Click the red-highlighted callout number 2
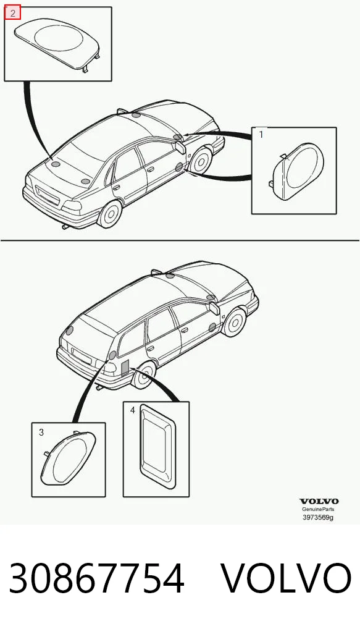click(x=13, y=13)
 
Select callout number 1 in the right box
click(x=261, y=135)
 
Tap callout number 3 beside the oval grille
click(x=41, y=433)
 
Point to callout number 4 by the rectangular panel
click(x=133, y=410)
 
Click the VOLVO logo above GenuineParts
click(x=319, y=501)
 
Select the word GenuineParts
click(x=318, y=509)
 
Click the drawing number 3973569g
click(x=318, y=517)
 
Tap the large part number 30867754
click(x=96, y=578)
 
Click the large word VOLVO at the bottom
click(x=287, y=578)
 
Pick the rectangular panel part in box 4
click(x=157, y=447)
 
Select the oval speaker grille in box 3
click(x=69, y=458)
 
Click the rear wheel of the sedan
click(x=109, y=213)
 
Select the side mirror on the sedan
click(x=180, y=146)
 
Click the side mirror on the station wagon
click(x=214, y=308)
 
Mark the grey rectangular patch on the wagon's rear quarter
click(x=125, y=368)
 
